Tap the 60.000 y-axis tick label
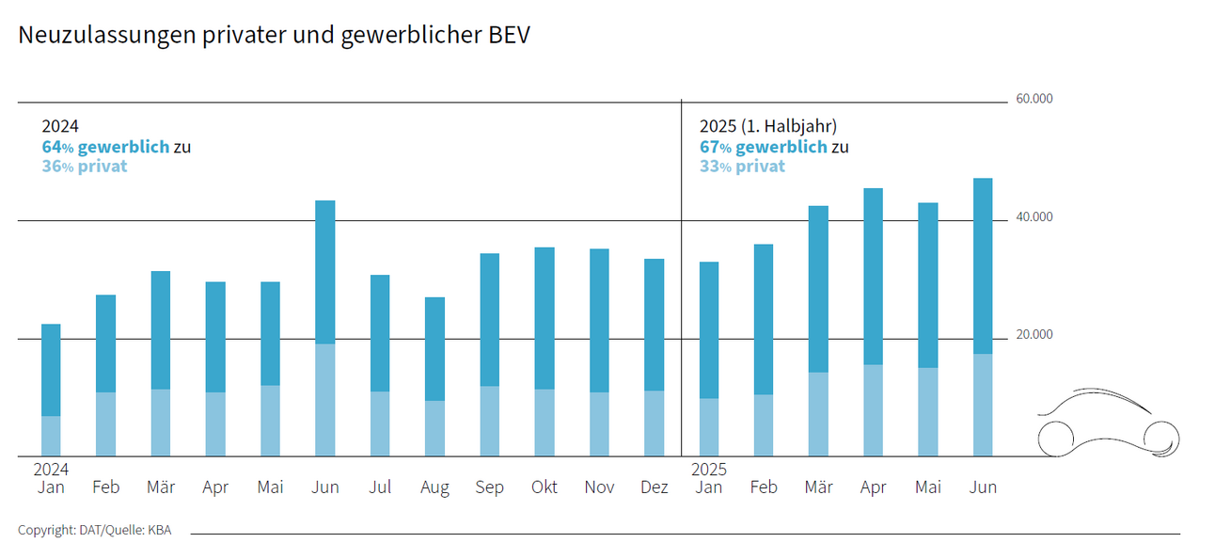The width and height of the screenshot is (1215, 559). [1034, 99]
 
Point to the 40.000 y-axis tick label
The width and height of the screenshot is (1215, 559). [1034, 217]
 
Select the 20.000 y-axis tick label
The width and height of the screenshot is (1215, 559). [1034, 335]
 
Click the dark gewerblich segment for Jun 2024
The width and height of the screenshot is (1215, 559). [324, 272]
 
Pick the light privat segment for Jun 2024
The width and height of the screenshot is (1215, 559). [324, 400]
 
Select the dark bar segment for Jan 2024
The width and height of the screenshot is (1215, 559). [51, 370]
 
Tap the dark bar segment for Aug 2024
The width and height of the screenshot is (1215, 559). [434, 349]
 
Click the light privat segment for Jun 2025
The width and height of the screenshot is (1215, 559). [983, 405]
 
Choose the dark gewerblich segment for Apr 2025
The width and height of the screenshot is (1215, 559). [873, 276]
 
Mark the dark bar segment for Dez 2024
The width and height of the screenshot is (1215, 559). [654, 325]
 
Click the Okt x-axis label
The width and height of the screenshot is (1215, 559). [544, 487]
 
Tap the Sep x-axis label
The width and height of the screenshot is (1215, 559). [489, 487]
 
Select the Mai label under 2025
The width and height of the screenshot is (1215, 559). [927, 487]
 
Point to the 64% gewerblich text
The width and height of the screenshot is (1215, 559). [105, 147]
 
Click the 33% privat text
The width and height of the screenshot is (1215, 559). [742, 167]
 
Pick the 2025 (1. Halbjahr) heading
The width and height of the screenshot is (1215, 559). [767, 126]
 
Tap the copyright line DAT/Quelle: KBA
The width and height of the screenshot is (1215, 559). [94, 530]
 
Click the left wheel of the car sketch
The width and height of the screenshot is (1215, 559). [1056, 437]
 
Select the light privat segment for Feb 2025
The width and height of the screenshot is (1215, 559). [763, 425]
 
